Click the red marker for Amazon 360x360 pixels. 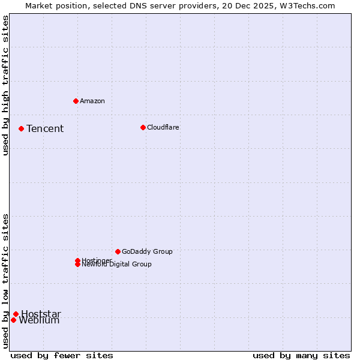click(76, 101)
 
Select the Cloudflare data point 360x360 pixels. click(143, 127)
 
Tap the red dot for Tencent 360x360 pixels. click(21, 128)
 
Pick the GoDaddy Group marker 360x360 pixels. click(118, 251)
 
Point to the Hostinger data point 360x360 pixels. click(77, 260)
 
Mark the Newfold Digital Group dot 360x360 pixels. click(77, 264)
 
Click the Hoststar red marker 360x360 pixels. click(16, 314)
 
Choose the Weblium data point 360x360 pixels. click(13, 320)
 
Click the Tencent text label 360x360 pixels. click(45, 129)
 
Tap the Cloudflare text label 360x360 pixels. click(163, 127)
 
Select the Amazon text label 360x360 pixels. click(92, 101)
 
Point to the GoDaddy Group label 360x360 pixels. click(147, 251)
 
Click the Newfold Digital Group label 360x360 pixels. click(117, 265)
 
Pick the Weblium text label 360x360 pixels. click(40, 320)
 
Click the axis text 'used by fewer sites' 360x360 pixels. click(62, 355)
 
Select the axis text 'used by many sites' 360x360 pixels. click(301, 355)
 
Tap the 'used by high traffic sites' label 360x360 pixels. click(6, 85)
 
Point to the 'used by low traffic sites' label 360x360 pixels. click(6, 280)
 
